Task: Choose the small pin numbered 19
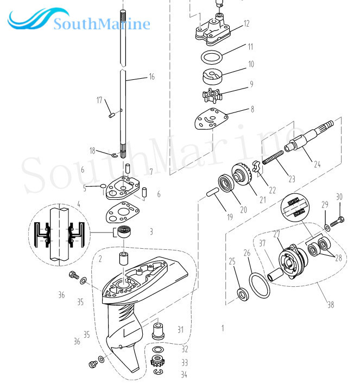point(213,193)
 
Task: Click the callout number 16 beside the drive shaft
point(151,77)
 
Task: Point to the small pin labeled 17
point(111,114)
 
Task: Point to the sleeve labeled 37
point(274,267)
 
